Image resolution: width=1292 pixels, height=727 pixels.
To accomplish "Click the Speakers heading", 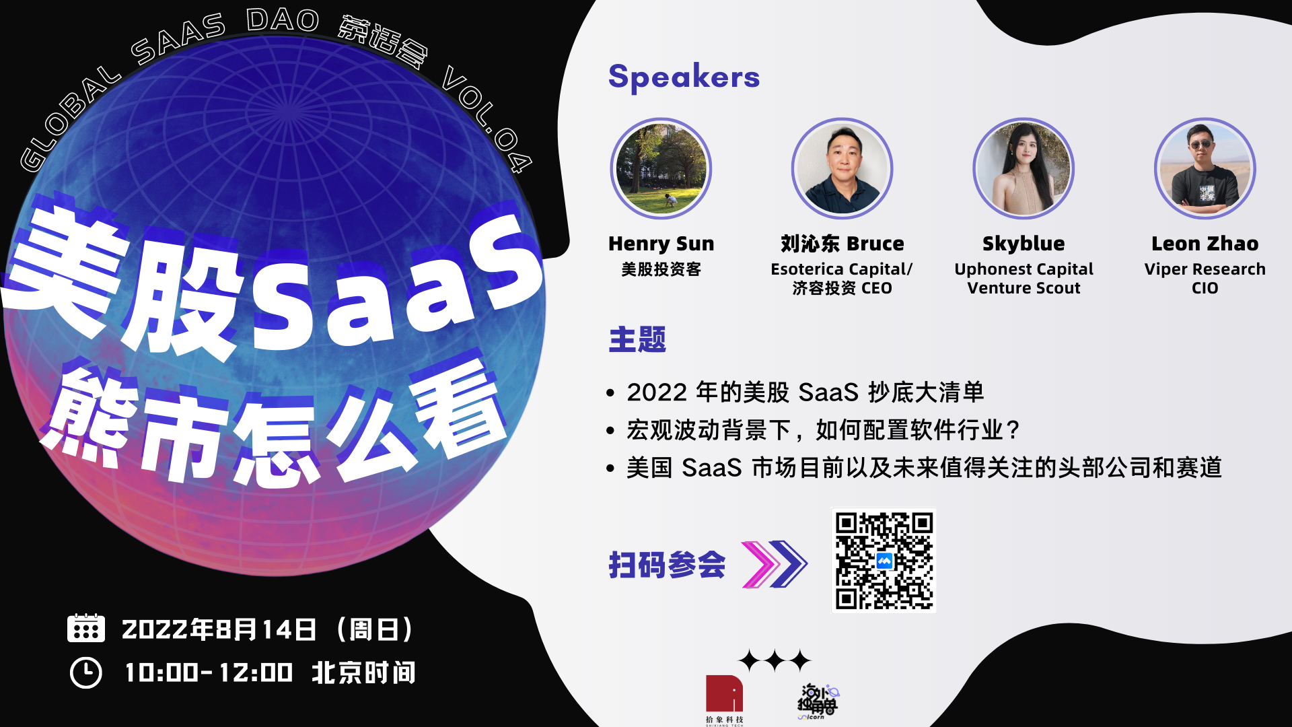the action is (684, 77).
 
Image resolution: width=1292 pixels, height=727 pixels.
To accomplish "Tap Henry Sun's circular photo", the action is (661, 168).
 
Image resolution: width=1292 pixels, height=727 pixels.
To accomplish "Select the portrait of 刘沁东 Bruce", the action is (842, 168).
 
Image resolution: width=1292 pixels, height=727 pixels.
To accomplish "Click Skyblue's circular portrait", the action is (1024, 168).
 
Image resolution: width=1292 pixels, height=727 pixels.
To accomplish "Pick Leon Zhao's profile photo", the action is (1205, 168).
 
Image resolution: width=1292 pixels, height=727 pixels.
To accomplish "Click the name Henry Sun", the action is (661, 243).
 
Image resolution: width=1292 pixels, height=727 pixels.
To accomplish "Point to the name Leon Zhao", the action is (1205, 243).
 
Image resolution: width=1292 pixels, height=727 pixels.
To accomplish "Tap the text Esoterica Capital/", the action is (842, 269).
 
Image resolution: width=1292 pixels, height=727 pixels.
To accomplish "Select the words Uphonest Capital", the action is (1024, 269).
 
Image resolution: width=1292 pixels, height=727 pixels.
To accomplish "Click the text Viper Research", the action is (1205, 269).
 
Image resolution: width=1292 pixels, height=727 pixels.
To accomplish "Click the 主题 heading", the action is (637, 340).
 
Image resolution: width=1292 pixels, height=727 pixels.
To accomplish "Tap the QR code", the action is (884, 560).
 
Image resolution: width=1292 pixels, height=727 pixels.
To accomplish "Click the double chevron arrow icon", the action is (774, 564).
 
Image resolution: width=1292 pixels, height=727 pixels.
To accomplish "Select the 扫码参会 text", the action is (667, 565).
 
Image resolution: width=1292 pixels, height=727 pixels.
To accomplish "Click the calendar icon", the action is (86, 627).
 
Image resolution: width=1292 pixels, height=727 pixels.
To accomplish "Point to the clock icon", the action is (86, 672).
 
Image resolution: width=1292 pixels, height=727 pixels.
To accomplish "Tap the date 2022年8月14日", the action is (219, 629).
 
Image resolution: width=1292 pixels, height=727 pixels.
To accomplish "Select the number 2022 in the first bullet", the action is (657, 392).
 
